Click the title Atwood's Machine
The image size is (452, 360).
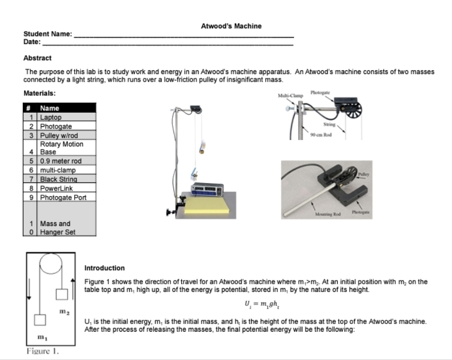(231, 26)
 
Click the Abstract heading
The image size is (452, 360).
(38, 58)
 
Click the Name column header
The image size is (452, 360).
(50, 108)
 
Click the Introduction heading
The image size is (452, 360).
(105, 268)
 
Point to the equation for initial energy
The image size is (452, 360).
(256, 303)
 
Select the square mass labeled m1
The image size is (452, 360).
(40, 320)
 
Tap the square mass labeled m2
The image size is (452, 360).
(62, 294)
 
